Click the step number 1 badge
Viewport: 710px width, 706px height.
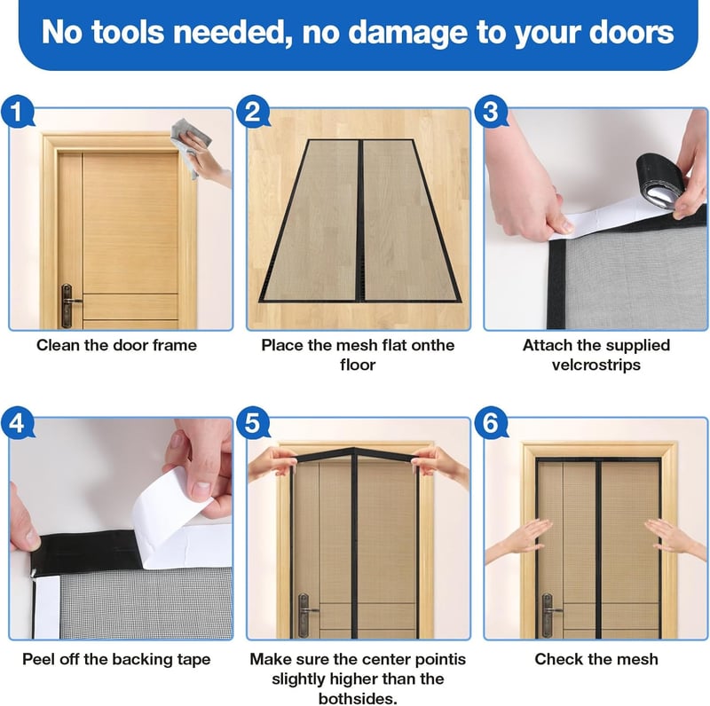coord(17,112)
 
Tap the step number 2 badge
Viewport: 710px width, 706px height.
coord(253,112)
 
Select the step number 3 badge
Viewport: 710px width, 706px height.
coord(491,112)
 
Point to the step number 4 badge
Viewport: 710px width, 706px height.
coord(17,423)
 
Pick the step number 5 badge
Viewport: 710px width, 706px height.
coord(253,423)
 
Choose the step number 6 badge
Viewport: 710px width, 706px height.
coord(491,423)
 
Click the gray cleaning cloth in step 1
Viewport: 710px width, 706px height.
coord(190,144)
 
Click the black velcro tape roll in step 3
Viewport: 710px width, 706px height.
coord(659,182)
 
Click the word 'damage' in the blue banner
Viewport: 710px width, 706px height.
coord(407,33)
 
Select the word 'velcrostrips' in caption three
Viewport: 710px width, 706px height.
coord(596,365)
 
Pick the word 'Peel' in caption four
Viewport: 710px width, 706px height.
coord(38,659)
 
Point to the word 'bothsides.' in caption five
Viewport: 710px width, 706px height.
coord(358,698)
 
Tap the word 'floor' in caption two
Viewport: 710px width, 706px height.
coord(358,365)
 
